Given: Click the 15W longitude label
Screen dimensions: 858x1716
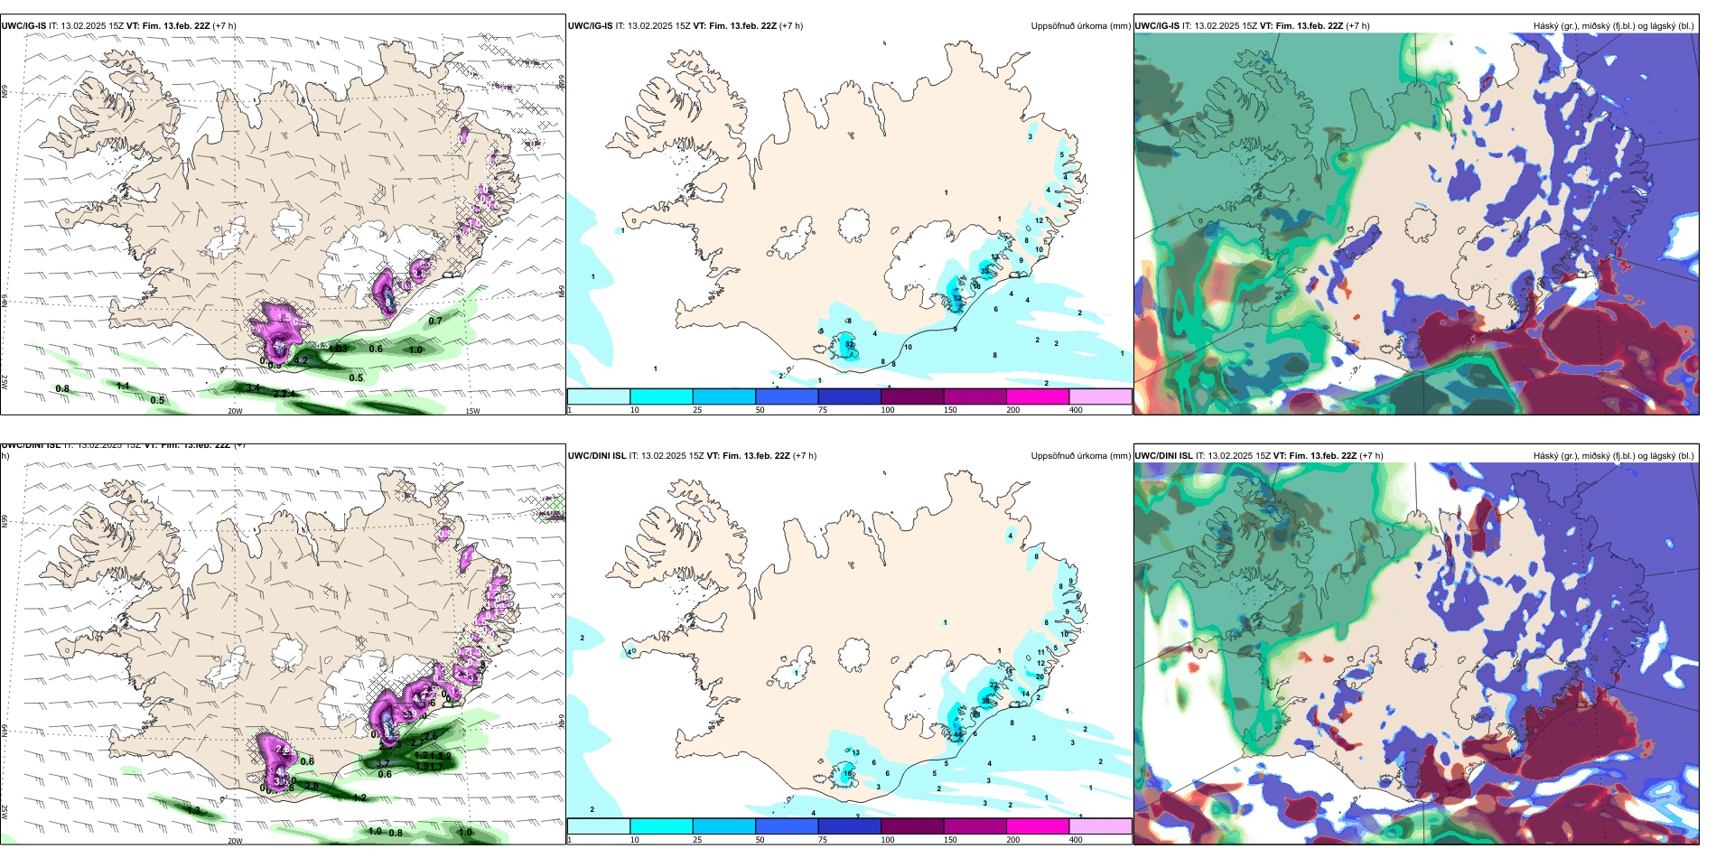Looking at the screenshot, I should click(x=471, y=411).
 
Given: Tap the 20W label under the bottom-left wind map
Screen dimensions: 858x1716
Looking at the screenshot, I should click(x=235, y=841).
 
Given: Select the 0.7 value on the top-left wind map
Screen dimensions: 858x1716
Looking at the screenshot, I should click(x=435, y=321).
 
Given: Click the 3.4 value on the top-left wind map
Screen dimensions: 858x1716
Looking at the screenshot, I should click(x=253, y=388).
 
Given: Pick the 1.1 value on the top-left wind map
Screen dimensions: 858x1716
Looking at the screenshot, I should click(x=124, y=386).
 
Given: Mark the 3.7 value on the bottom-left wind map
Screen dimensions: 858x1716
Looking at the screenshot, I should click(x=383, y=764).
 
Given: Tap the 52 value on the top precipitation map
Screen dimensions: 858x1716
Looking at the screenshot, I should click(x=958, y=299).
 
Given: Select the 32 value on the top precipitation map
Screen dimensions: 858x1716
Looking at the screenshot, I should click(x=850, y=345).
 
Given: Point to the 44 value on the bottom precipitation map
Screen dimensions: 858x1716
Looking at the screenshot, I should click(x=958, y=735).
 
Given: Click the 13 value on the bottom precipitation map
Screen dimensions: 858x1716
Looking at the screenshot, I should click(x=855, y=752).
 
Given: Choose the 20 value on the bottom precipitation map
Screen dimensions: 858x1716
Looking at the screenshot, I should click(x=1040, y=676).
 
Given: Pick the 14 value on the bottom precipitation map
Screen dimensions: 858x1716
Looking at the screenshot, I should click(x=1025, y=694).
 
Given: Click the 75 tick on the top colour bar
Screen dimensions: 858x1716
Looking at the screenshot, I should click(x=823, y=410).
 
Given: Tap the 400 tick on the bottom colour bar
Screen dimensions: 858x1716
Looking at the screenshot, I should click(x=1076, y=840).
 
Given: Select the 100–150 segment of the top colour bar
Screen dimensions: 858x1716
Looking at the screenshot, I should click(x=912, y=396).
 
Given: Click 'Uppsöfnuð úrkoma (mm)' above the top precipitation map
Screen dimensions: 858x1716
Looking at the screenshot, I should click(x=1080, y=26).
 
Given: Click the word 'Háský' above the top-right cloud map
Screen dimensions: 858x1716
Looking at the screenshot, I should click(x=1546, y=26).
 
